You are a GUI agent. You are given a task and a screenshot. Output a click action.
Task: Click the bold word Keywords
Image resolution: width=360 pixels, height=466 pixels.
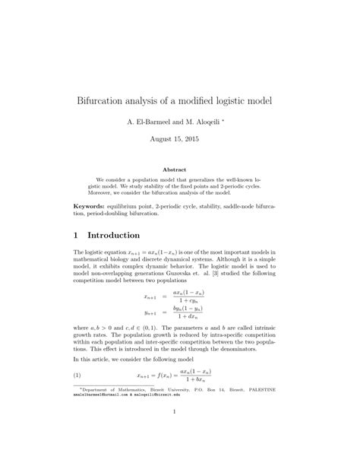(89, 206)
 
